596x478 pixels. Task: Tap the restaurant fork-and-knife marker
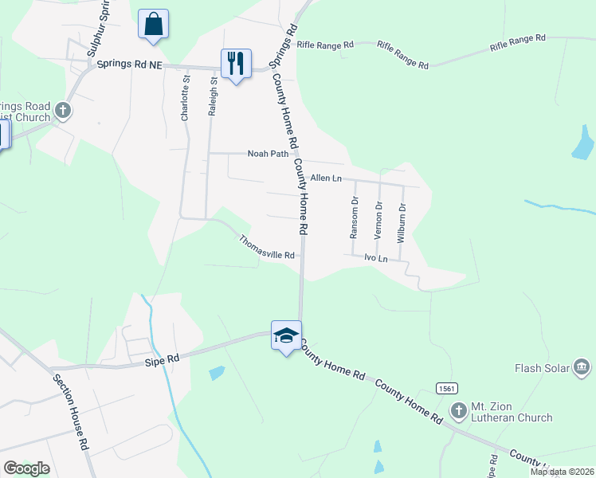coord(236,62)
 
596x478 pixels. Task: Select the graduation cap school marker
coord(286,335)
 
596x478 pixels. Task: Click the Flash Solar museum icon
coord(582,367)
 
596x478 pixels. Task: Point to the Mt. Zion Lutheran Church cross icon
coord(459,411)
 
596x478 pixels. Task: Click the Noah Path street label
coord(267,154)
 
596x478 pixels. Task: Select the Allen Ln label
coord(326,178)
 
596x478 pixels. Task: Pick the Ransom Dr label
coord(355,218)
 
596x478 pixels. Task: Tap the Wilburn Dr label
coord(402,223)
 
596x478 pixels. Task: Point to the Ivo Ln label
coord(375,258)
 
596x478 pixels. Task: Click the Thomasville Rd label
coord(268,247)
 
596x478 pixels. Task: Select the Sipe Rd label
coord(163,360)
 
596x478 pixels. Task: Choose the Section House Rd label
coord(70,411)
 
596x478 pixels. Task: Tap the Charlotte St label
coord(185,98)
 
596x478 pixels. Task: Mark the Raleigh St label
coord(212,97)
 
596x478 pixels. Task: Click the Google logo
coord(26,468)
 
